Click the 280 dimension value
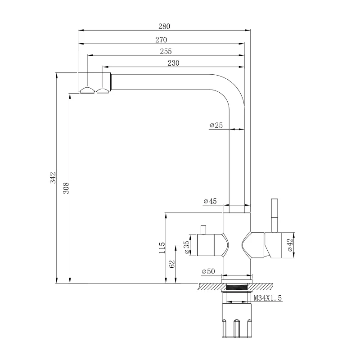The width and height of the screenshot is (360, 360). (164, 27)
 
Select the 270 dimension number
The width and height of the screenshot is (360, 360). (161, 40)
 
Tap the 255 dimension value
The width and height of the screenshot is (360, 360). (166, 52)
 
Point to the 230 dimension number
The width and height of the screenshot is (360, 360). (173, 63)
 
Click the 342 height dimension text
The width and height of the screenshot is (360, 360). (52, 177)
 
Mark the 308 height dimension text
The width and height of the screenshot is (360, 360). (66, 188)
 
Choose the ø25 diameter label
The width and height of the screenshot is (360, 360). (216, 125)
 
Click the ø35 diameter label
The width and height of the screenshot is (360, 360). (186, 247)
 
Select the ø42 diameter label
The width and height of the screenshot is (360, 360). (290, 245)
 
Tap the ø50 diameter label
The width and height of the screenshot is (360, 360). (210, 271)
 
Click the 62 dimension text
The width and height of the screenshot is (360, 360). (171, 264)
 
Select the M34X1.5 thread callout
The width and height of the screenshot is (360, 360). (268, 298)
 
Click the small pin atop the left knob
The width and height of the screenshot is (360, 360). (203, 230)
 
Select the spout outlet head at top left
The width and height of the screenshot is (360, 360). (94, 82)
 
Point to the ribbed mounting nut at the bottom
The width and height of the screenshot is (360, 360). (237, 322)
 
